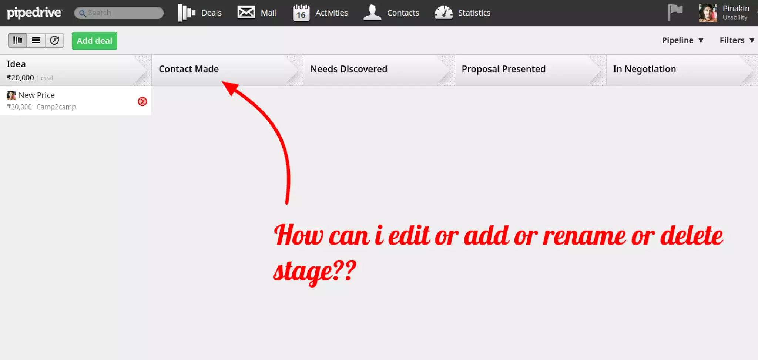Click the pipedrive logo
point(34,13)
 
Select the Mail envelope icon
point(246,12)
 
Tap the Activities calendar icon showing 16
point(301,13)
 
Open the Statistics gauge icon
point(443,13)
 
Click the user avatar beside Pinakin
point(707,13)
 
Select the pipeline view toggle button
point(17,40)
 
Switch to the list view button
point(36,40)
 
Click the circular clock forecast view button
point(54,40)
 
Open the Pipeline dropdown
point(682,40)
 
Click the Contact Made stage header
point(189,69)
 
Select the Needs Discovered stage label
point(349,69)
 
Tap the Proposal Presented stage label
point(503,69)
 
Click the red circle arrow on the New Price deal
point(142,101)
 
